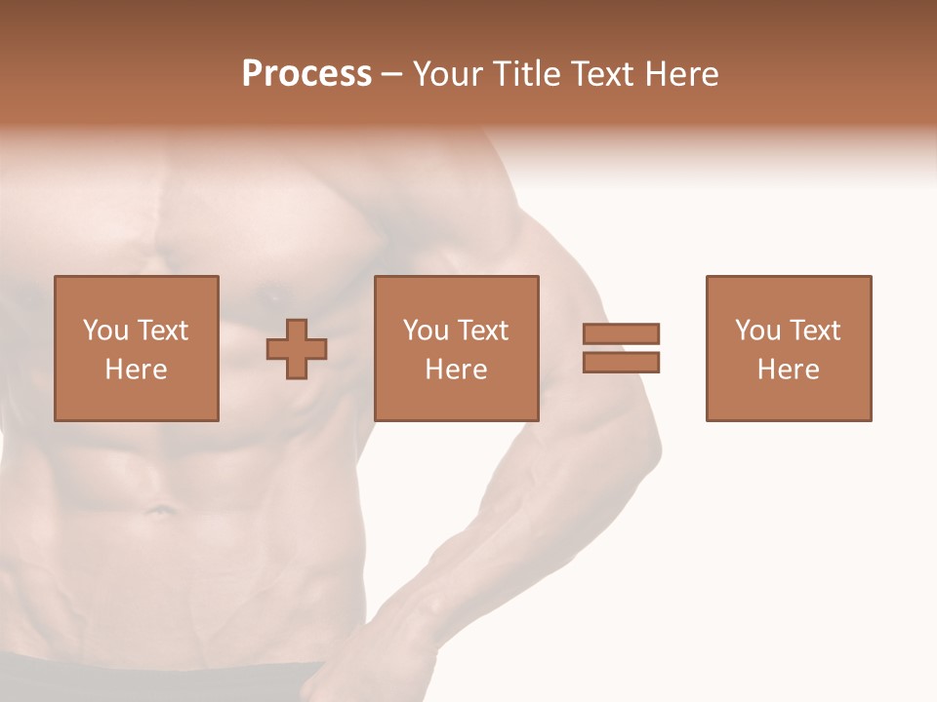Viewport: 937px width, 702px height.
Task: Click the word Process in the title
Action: tap(306, 74)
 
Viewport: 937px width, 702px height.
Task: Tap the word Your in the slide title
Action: tap(446, 74)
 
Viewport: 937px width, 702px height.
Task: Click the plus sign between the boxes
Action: tap(297, 349)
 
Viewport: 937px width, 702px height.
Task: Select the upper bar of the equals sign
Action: tap(621, 333)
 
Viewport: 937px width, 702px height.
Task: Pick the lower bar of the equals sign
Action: tap(621, 363)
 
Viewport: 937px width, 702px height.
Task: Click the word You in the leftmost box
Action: tap(105, 331)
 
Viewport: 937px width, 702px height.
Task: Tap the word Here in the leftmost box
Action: tap(136, 370)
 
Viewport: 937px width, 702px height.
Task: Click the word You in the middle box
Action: tap(426, 331)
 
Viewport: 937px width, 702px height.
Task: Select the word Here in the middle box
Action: tap(456, 370)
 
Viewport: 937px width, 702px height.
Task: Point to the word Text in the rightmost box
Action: tap(814, 331)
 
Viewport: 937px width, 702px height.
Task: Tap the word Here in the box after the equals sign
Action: tap(788, 370)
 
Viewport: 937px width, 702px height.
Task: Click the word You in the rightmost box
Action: tap(757, 331)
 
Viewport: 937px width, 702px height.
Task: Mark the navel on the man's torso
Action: tap(156, 508)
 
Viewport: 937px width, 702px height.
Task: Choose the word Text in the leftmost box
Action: tap(162, 331)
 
